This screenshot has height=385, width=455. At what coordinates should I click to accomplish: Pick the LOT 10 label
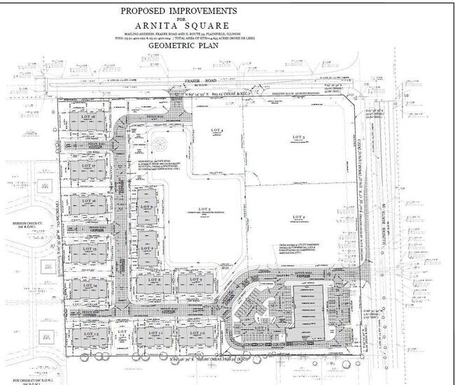coord(197,335)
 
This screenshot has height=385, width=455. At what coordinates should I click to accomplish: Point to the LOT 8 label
coord(155,281)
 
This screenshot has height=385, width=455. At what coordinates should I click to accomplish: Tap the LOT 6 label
coord(145,207)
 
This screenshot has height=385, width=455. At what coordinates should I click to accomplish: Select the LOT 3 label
coord(300,136)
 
